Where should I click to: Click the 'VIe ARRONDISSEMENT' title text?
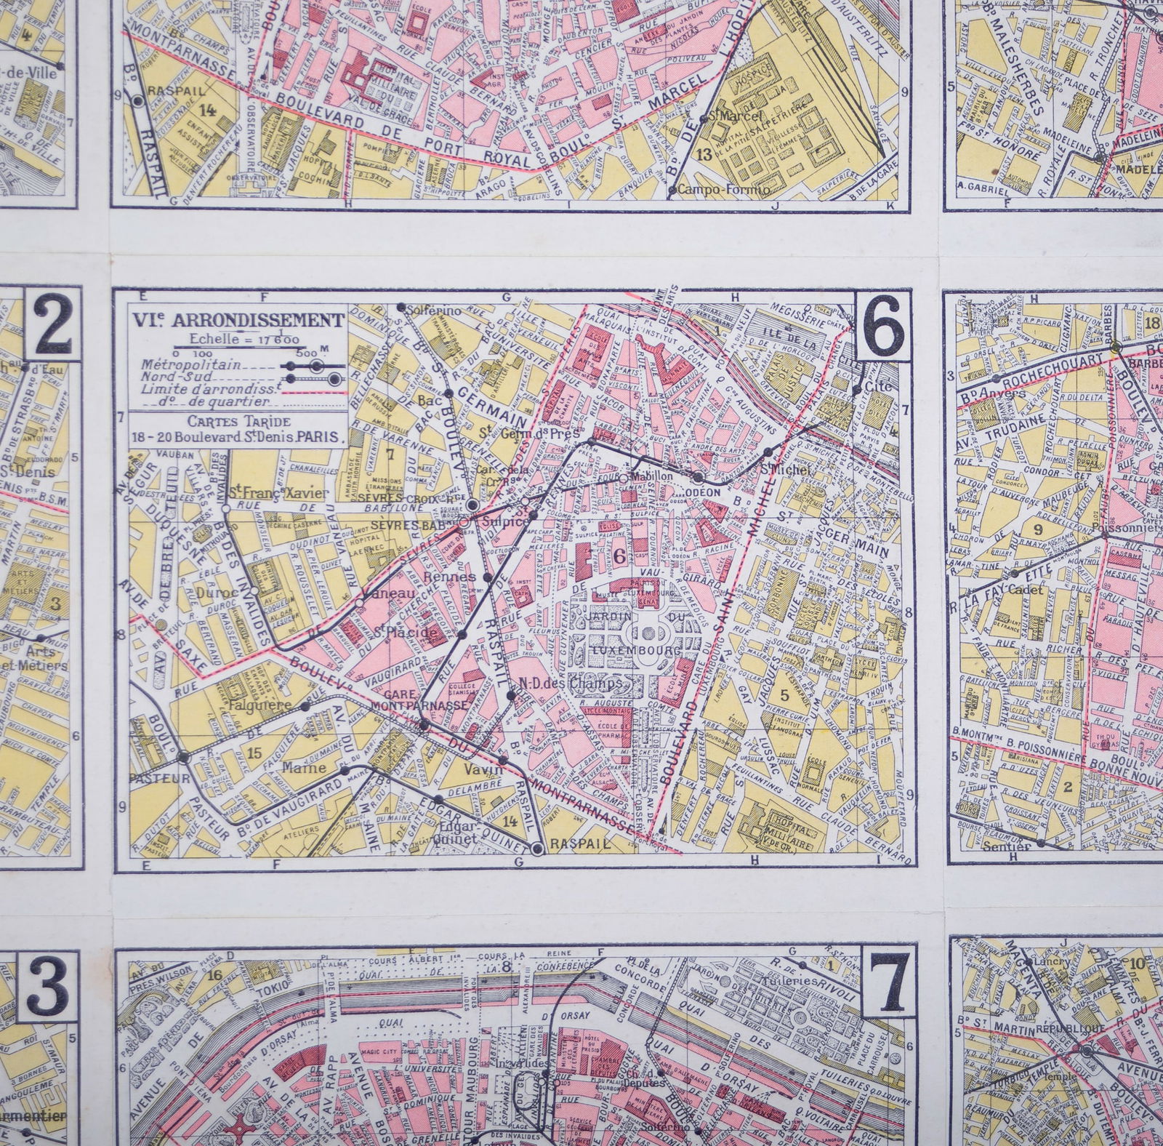(237, 320)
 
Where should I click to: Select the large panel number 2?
(52, 327)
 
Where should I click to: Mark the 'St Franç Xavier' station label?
(269, 494)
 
